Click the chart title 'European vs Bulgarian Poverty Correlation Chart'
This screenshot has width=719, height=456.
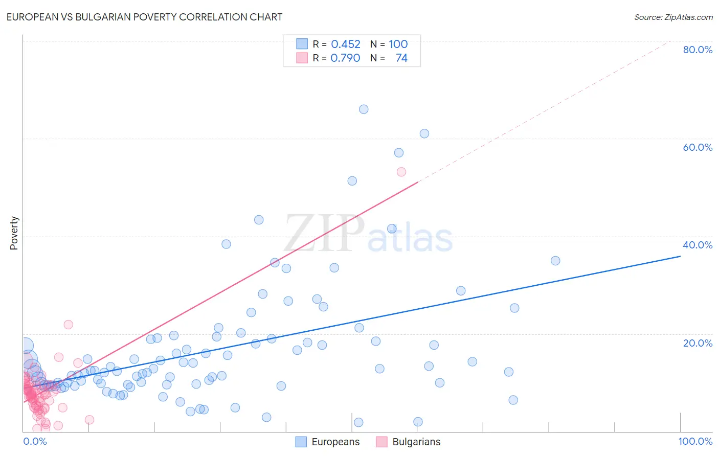point(144,17)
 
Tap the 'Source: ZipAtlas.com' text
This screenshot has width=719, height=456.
point(673,17)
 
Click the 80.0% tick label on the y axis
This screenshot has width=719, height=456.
point(698,50)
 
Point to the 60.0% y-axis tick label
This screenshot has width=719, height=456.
point(698,147)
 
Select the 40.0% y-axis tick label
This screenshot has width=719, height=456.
point(698,245)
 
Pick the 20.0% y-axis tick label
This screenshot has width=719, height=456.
point(698,343)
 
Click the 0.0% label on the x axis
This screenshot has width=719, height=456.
point(35,441)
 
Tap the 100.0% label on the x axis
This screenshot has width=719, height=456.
point(695,441)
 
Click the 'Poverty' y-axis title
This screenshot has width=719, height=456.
point(14,233)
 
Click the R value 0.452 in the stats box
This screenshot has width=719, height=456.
point(346,44)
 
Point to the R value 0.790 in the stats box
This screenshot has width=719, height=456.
point(345,58)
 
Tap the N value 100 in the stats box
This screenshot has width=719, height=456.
point(398,44)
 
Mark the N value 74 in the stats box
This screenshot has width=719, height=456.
point(401,58)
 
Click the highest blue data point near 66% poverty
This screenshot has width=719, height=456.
point(364,109)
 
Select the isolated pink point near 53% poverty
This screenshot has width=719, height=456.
point(401,172)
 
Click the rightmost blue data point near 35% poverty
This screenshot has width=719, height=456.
point(555,261)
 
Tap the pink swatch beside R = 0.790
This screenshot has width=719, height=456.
point(302,58)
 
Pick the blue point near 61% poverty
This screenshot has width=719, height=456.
point(424,133)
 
